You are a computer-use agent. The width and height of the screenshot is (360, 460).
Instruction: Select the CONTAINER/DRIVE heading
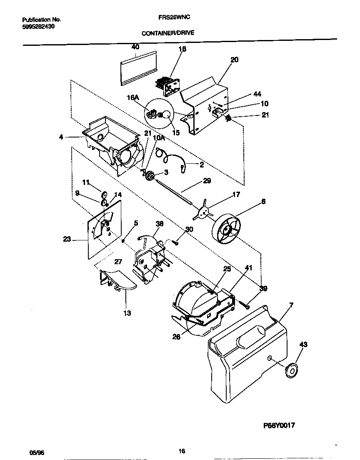click(168, 33)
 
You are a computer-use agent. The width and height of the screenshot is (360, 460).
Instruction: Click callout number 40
click(135, 47)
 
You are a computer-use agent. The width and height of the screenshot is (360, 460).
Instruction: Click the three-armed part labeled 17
click(203, 213)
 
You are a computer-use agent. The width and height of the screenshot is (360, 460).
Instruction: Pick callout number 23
click(67, 239)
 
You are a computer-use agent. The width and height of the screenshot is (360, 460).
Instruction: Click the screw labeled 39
click(246, 305)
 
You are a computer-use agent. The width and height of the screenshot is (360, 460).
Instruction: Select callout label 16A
click(133, 97)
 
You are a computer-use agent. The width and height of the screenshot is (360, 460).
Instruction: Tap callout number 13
click(127, 313)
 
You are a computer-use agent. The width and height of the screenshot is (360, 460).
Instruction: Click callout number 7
click(291, 305)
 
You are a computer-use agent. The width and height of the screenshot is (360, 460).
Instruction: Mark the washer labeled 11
click(104, 194)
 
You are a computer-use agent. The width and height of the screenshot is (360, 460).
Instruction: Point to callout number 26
click(176, 337)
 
